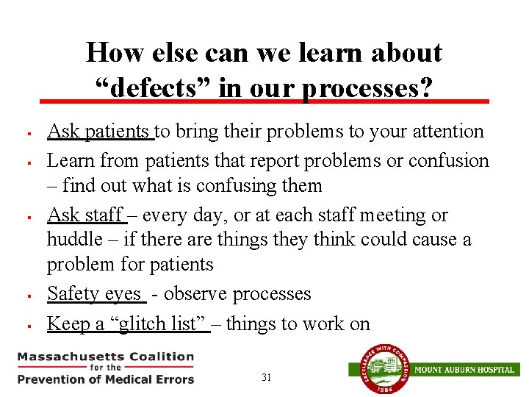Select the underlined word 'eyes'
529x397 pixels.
click(123, 294)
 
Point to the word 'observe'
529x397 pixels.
click(198, 294)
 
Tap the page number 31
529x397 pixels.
click(266, 378)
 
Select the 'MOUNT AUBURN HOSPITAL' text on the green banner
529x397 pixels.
click(464, 369)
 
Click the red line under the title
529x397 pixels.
click(264, 101)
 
